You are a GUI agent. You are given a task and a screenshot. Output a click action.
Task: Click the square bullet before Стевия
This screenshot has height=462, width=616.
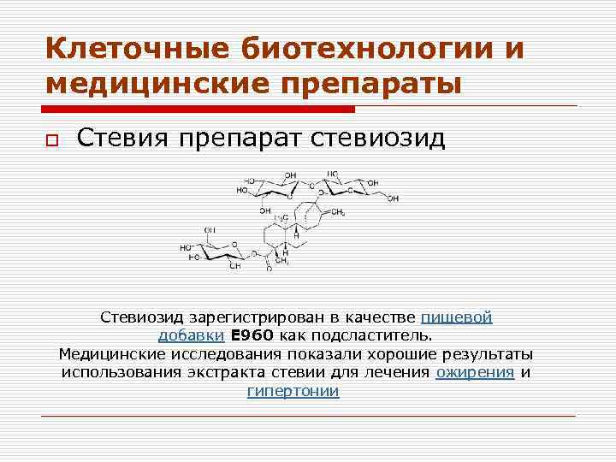52,141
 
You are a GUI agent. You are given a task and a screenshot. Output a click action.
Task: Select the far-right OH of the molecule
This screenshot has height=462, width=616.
392,198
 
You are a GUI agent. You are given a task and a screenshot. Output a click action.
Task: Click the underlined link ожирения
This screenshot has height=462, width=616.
475,372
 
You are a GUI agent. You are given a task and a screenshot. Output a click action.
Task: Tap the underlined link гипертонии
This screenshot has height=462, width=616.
293,391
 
